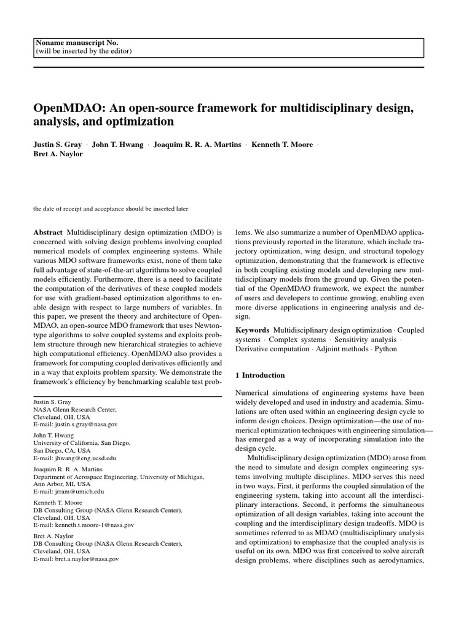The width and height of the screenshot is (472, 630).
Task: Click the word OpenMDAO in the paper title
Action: coord(65,108)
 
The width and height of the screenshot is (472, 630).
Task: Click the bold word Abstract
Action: coord(48,233)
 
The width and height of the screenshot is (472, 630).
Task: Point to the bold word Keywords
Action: coord(252,330)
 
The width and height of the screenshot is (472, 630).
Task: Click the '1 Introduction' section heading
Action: coord(261,375)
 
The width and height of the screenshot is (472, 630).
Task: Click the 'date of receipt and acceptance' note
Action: coord(111,209)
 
